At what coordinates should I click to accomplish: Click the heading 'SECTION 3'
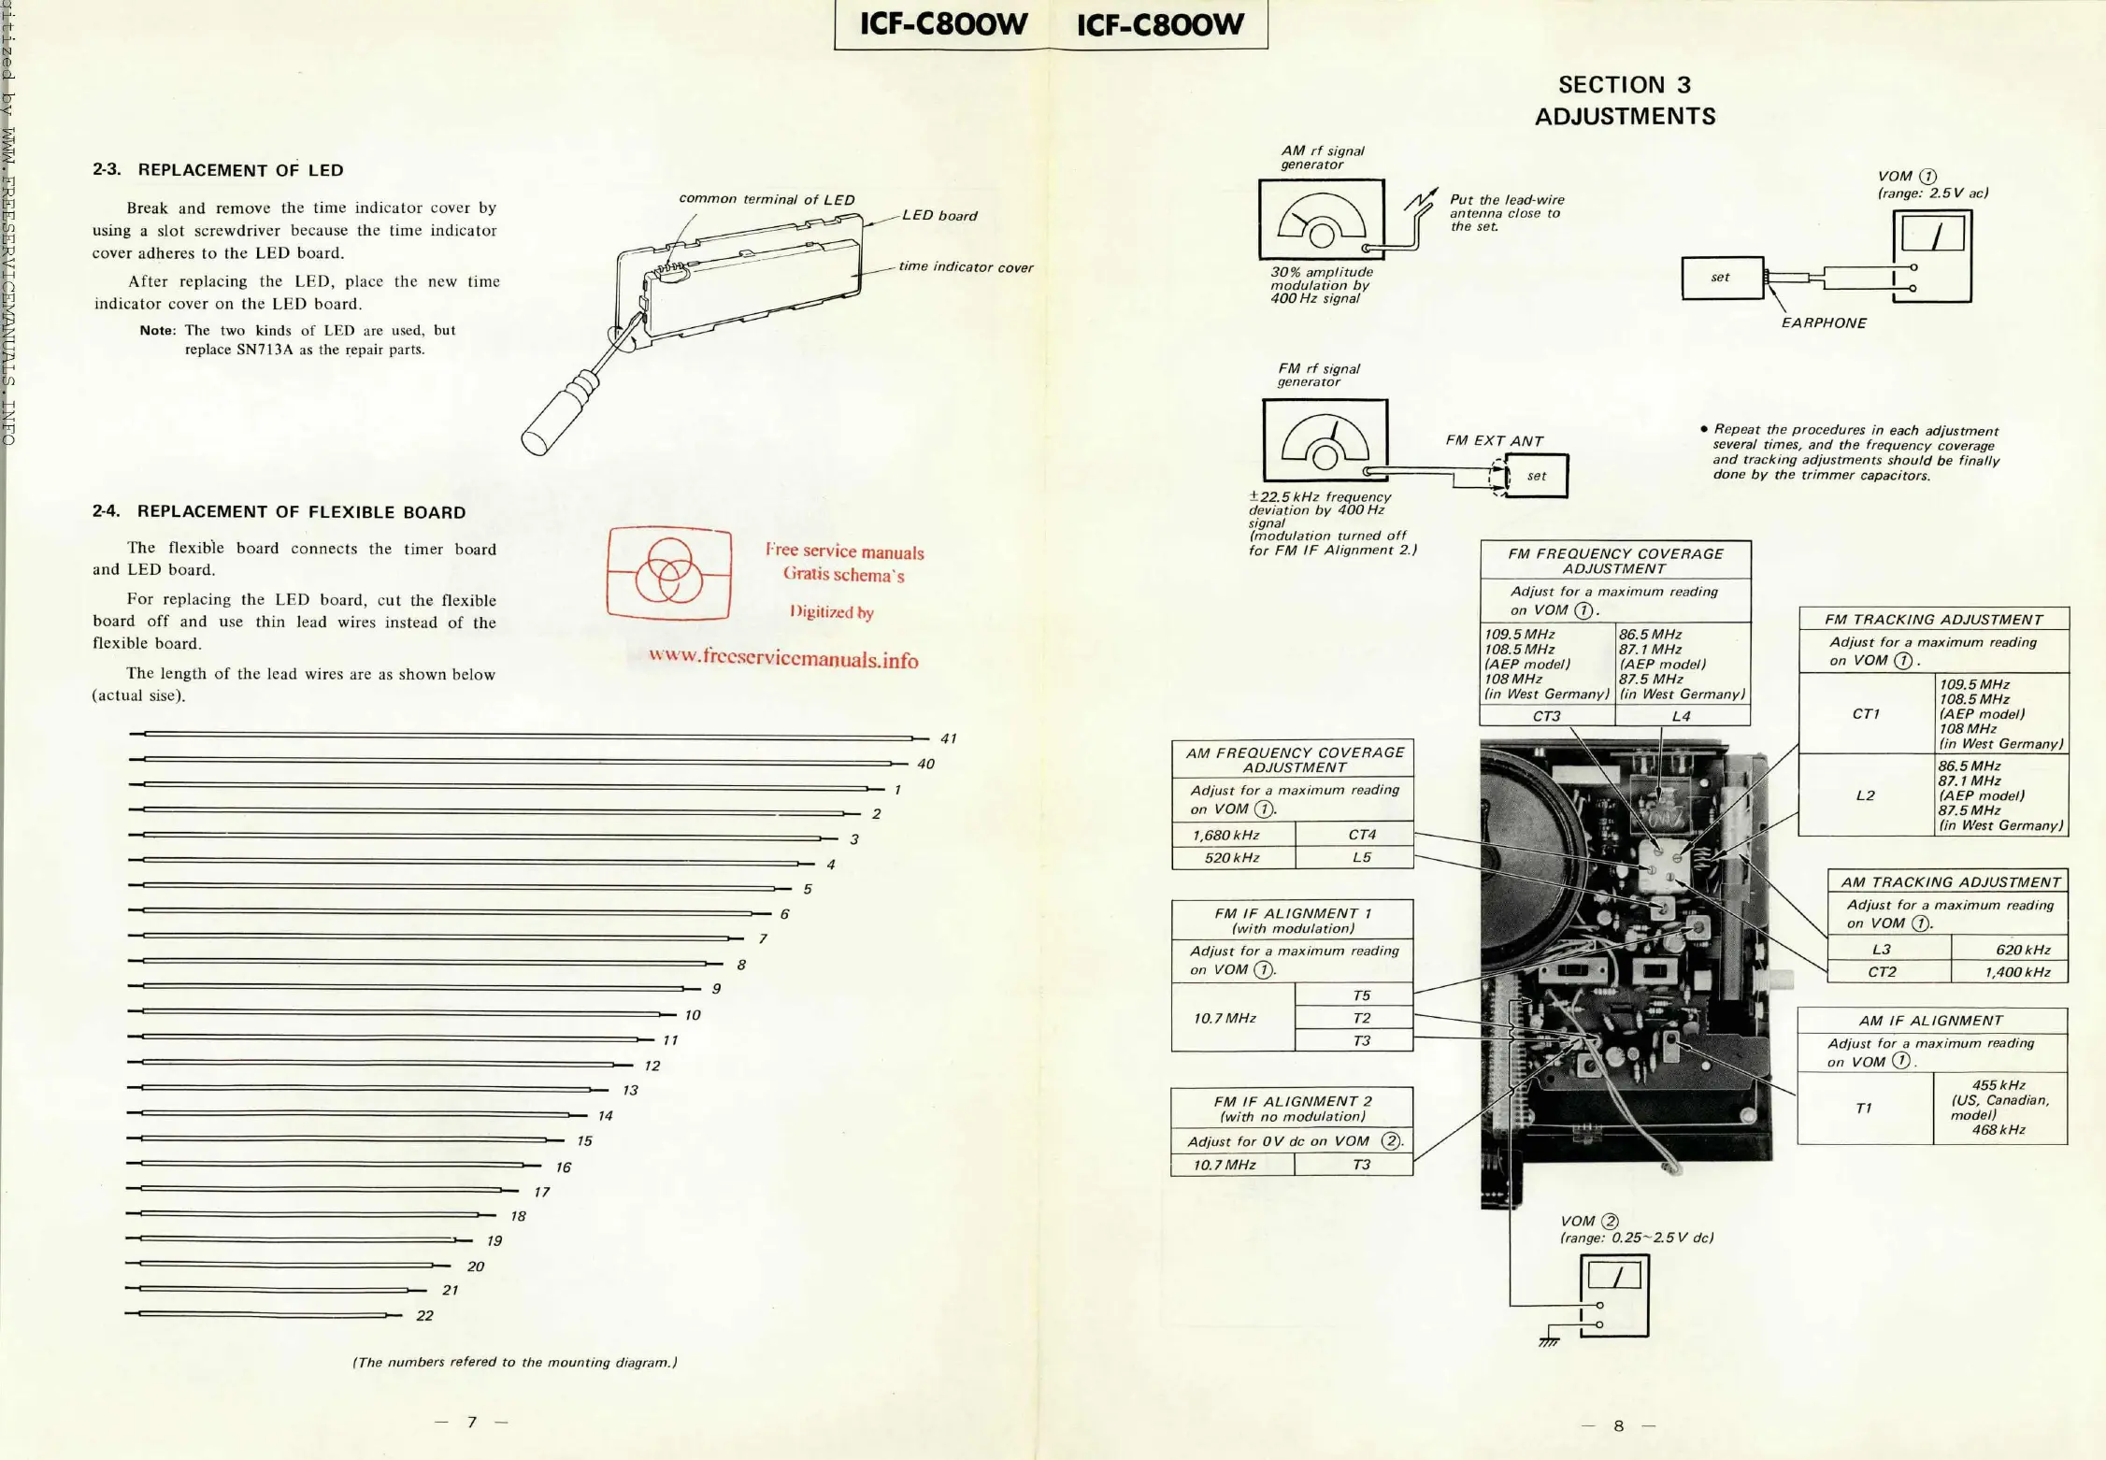1625,85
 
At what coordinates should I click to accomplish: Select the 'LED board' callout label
939,216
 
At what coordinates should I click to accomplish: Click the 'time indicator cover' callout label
966,267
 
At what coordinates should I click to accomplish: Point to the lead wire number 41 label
949,738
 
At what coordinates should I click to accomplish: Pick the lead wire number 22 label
424,1316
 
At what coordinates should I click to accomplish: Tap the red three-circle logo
668,572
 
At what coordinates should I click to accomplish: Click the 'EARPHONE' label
1824,323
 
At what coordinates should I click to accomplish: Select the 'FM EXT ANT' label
1494,441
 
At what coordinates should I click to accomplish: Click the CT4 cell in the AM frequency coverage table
1362,835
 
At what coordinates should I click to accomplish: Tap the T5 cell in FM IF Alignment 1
1362,995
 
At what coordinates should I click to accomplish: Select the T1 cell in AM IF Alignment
1864,1109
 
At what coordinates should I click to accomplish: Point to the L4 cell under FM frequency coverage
1681,716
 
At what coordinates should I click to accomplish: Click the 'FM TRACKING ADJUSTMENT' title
1933,620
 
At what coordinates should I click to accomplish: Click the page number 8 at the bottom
1618,1425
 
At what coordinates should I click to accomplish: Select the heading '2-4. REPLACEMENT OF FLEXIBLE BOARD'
279,512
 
